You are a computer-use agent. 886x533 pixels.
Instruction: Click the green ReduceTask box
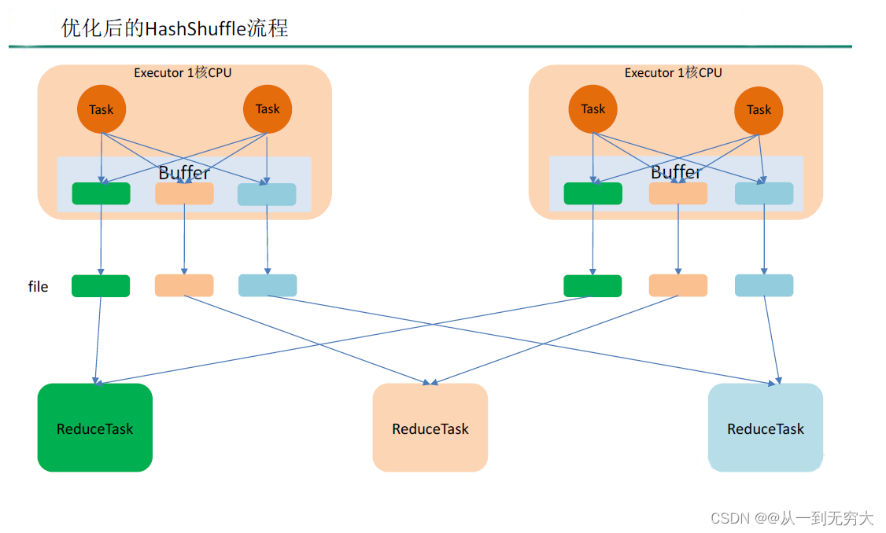pos(94,428)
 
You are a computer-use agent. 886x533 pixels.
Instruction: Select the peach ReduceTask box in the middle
pos(430,428)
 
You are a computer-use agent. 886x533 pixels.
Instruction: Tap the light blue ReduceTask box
pos(765,428)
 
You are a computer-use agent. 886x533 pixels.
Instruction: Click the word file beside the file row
pos(39,287)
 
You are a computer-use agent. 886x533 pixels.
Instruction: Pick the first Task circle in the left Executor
pos(101,109)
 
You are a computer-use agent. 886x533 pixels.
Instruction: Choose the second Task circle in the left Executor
pos(268,109)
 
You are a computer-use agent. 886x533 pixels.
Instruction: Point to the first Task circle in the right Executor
pos(593,109)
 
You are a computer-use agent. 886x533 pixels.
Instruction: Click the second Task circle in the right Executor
pos(759,109)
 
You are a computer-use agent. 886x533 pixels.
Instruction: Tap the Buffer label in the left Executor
pos(184,172)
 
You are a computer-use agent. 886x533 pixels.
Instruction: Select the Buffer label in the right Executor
pos(676,172)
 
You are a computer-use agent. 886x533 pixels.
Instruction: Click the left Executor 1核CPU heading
pos(183,72)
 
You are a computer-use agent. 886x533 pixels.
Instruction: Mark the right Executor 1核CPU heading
pos(673,72)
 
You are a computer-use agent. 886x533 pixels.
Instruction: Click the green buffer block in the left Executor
pos(101,193)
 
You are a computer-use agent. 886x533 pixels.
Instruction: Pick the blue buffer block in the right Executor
pos(764,193)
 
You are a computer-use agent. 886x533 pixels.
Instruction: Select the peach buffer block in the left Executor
pos(184,193)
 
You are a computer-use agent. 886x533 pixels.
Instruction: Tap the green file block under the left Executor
pos(101,286)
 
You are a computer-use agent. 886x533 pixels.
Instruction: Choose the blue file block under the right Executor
pos(764,286)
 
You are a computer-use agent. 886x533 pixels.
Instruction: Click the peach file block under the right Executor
pos(677,286)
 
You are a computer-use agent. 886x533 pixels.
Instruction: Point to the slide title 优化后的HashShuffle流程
pos(175,28)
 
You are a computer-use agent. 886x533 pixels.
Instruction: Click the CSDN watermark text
pos(792,518)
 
